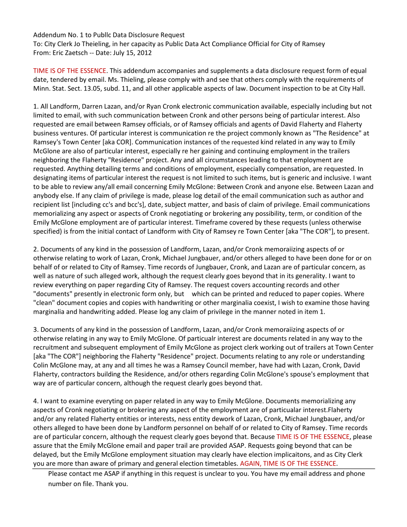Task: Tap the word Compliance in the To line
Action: coord(227,44)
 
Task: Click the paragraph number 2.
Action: coord(36,249)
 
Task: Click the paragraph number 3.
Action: coord(36,330)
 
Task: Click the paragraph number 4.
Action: coord(36,401)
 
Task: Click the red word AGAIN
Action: coord(250,463)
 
